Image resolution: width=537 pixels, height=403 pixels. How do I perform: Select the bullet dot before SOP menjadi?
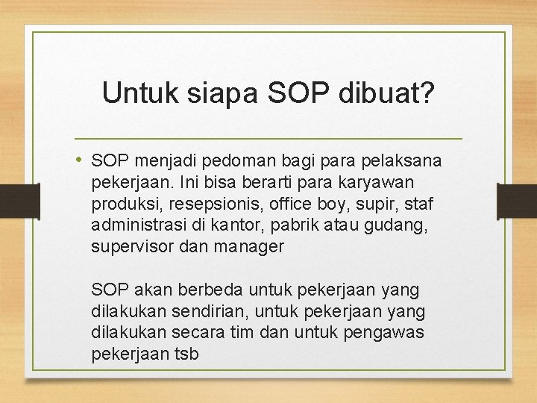point(81,160)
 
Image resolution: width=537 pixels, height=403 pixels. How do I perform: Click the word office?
point(275,204)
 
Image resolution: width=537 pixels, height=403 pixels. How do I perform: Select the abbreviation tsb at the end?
point(186,354)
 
